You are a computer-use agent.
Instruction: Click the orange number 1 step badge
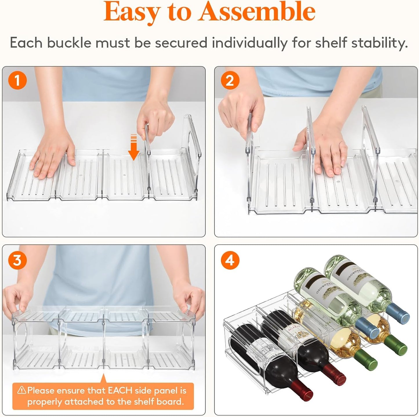click(x=17, y=80)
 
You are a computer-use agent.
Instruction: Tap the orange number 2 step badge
click(x=230, y=80)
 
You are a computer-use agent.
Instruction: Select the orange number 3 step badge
click(x=17, y=260)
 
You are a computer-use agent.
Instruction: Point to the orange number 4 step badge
click(x=230, y=260)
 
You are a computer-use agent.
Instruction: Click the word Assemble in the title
click(x=257, y=12)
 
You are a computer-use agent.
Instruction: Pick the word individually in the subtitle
click(x=249, y=43)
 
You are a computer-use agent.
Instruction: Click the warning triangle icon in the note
click(x=22, y=390)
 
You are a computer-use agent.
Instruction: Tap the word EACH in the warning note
click(x=120, y=390)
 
